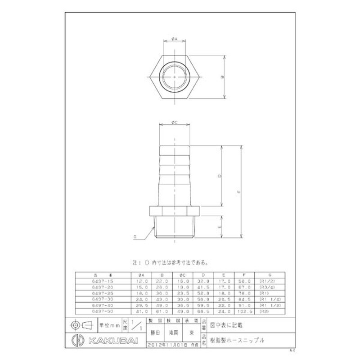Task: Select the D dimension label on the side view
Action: pyautogui.click(x=219, y=177)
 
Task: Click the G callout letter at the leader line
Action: pyautogui.click(x=135, y=236)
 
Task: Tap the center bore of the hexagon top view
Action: pyautogui.click(x=174, y=77)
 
